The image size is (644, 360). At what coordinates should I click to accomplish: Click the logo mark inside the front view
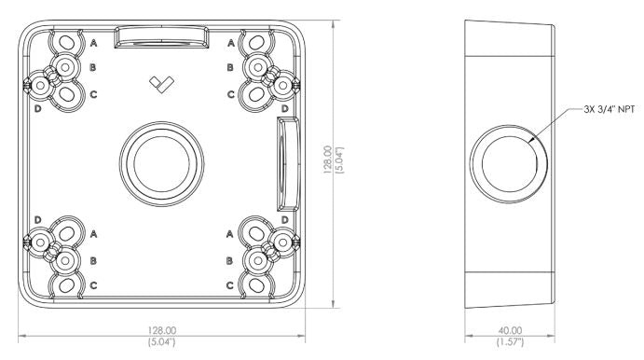pos(160,84)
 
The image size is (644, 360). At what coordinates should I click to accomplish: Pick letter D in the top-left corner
pos(37,110)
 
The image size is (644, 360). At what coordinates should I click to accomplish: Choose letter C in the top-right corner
pos(230,95)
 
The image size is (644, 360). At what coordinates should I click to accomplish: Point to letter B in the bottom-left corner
pos(94,258)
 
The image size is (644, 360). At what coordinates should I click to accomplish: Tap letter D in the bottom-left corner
pos(37,218)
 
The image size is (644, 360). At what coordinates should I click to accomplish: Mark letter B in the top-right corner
pos(230,68)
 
